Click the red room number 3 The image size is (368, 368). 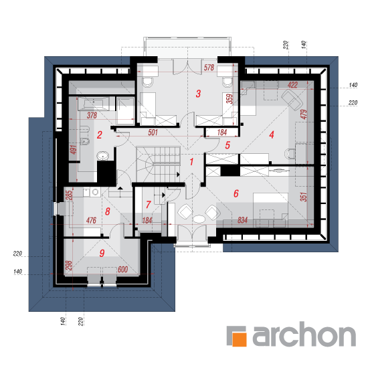[198, 94]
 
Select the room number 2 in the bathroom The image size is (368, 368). [100, 134]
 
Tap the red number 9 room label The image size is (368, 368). [102, 253]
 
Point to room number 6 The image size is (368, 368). [236, 193]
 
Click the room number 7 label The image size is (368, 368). [148, 205]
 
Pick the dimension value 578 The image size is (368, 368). [209, 68]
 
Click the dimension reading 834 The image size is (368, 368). [242, 220]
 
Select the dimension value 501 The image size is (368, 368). [153, 132]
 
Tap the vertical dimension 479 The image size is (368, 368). [304, 114]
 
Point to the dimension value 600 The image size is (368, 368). [122, 269]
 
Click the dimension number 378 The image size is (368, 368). [92, 115]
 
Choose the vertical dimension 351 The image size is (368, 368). [304, 197]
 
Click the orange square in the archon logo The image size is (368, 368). [240, 339]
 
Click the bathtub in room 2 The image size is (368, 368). [94, 104]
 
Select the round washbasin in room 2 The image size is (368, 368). [102, 155]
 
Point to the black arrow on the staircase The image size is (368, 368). [179, 175]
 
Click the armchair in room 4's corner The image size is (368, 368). [292, 99]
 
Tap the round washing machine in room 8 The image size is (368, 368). [95, 192]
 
